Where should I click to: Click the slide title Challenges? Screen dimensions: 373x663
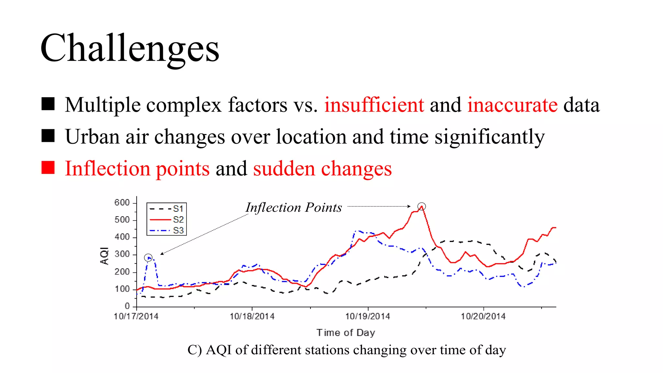[130, 49]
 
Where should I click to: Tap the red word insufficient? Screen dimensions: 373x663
[374, 105]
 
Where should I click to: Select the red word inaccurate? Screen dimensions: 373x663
[512, 105]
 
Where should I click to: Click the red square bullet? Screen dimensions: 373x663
[48, 167]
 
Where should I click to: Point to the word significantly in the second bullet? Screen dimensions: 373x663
[489, 137]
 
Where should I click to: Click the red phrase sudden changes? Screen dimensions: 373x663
[322, 169]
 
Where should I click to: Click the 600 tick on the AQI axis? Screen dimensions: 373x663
[122, 203]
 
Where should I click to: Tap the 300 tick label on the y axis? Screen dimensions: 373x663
[122, 254]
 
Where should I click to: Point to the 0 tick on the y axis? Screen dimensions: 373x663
[127, 306]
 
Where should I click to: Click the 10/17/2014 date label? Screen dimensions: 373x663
[136, 316]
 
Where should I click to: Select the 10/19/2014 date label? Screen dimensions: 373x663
[367, 316]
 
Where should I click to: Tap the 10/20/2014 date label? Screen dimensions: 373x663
[483, 316]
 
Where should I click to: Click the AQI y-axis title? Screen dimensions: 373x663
[104, 256]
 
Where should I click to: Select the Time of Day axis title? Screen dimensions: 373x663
[346, 333]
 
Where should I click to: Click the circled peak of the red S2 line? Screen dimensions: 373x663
[421, 206]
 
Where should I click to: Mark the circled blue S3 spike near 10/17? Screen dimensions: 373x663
[148, 258]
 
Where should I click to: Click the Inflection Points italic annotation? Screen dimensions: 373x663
[294, 208]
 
